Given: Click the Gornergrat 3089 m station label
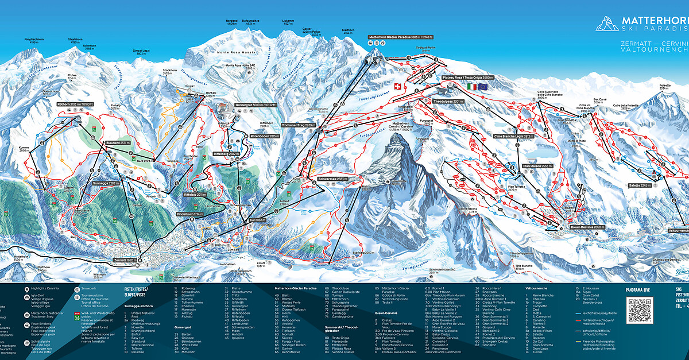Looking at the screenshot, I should [x=255, y=105].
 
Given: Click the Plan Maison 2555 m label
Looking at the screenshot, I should [x=537, y=166].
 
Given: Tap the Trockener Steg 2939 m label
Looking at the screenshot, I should [x=299, y=125].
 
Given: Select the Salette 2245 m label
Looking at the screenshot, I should [x=642, y=185].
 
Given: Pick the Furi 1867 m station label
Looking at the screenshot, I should [x=256, y=220].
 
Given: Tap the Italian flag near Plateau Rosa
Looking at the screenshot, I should [x=472, y=86].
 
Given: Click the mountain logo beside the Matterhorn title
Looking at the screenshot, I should [x=607, y=23].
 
